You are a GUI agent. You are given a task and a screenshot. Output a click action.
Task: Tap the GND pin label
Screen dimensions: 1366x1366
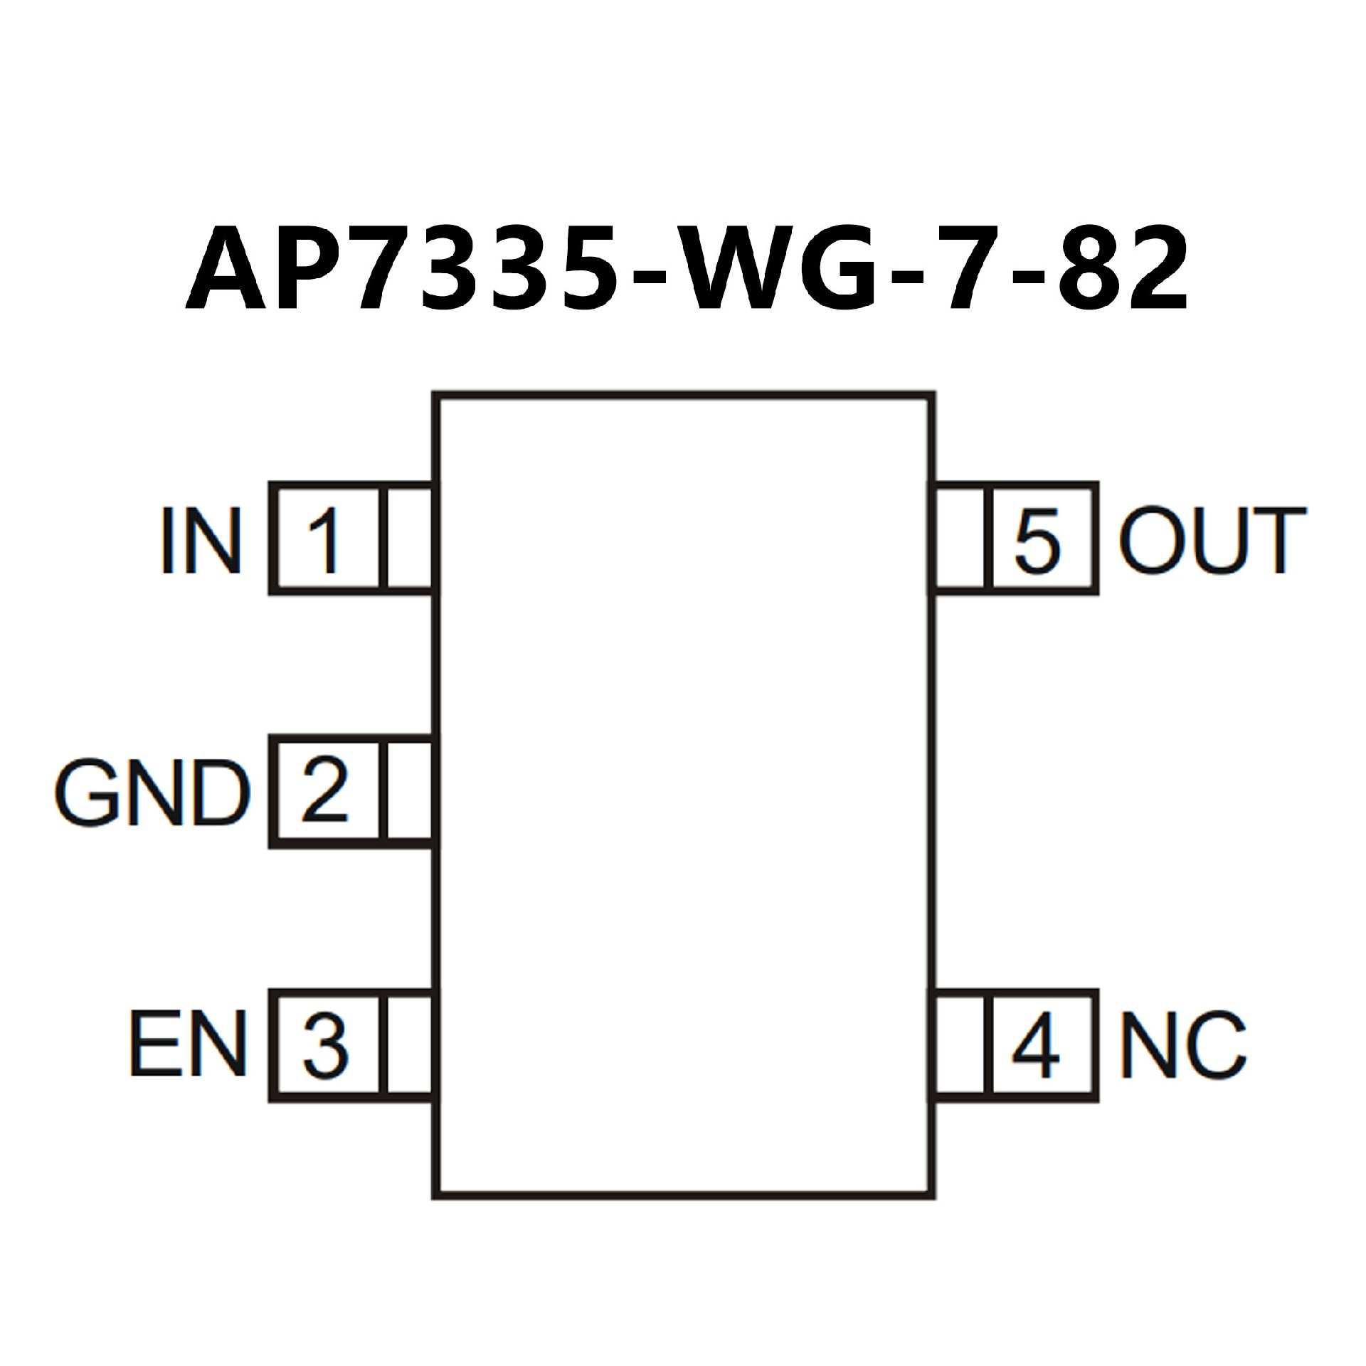(152, 794)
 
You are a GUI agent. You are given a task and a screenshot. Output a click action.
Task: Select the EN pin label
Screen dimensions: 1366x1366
(189, 1046)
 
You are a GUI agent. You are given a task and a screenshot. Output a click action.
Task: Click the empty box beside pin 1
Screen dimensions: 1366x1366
(409, 539)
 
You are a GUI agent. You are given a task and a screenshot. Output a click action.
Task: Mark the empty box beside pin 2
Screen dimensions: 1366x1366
(409, 793)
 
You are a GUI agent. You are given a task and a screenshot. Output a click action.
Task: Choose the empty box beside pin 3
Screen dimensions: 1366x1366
(409, 1045)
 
